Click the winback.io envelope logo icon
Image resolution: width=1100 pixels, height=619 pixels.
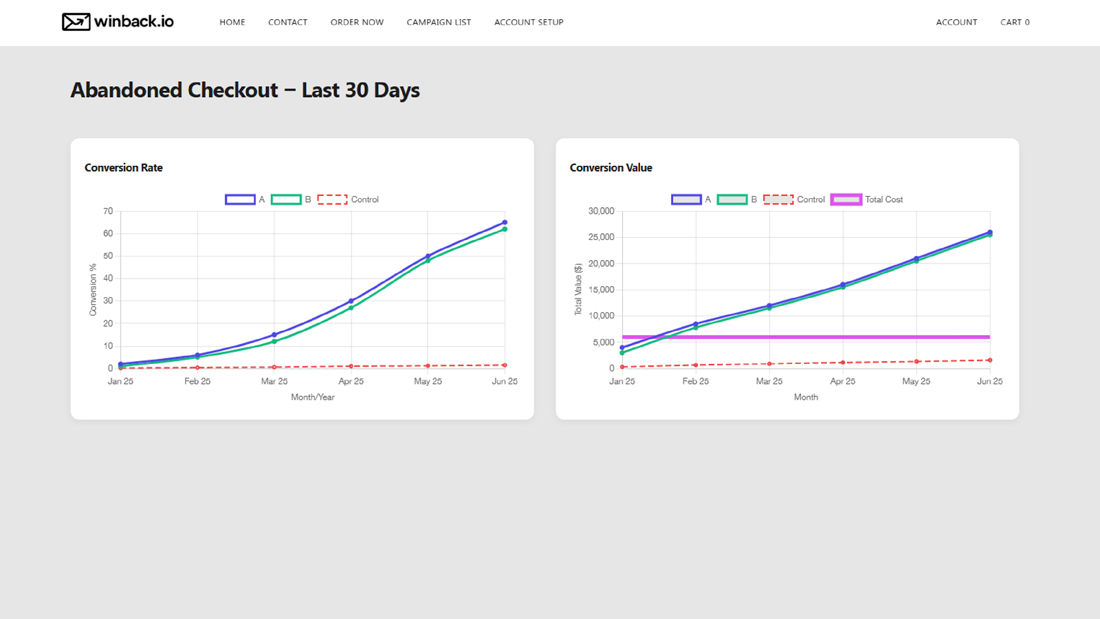click(x=76, y=22)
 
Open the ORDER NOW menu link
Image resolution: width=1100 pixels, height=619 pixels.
click(x=357, y=22)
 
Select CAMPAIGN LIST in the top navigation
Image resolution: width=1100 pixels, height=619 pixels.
click(x=439, y=22)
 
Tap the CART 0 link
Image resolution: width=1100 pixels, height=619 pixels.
click(x=1015, y=22)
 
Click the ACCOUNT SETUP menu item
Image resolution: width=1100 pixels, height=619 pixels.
click(x=529, y=22)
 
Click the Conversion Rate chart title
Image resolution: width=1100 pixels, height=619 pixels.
click(x=124, y=168)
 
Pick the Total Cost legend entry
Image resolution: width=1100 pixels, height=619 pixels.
click(x=867, y=199)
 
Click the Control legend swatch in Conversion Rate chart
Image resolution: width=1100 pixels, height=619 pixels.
click(x=332, y=199)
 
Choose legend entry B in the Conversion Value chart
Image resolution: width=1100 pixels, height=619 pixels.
click(x=737, y=199)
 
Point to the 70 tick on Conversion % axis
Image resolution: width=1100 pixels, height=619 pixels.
click(x=108, y=211)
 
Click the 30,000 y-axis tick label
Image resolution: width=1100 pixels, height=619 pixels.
click(x=601, y=211)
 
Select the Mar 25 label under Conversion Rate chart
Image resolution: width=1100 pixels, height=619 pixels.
click(x=274, y=381)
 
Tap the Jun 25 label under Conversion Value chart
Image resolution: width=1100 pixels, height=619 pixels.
click(x=989, y=381)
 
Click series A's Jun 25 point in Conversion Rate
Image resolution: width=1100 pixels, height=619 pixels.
click(x=505, y=223)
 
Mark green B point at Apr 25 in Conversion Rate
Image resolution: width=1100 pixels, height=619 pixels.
click(x=351, y=307)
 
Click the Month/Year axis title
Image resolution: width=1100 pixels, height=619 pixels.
click(x=313, y=398)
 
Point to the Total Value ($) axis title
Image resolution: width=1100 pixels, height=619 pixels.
click(x=578, y=290)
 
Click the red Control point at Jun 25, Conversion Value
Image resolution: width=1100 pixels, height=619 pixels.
click(x=990, y=360)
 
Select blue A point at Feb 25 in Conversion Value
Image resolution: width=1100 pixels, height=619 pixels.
click(x=696, y=324)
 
